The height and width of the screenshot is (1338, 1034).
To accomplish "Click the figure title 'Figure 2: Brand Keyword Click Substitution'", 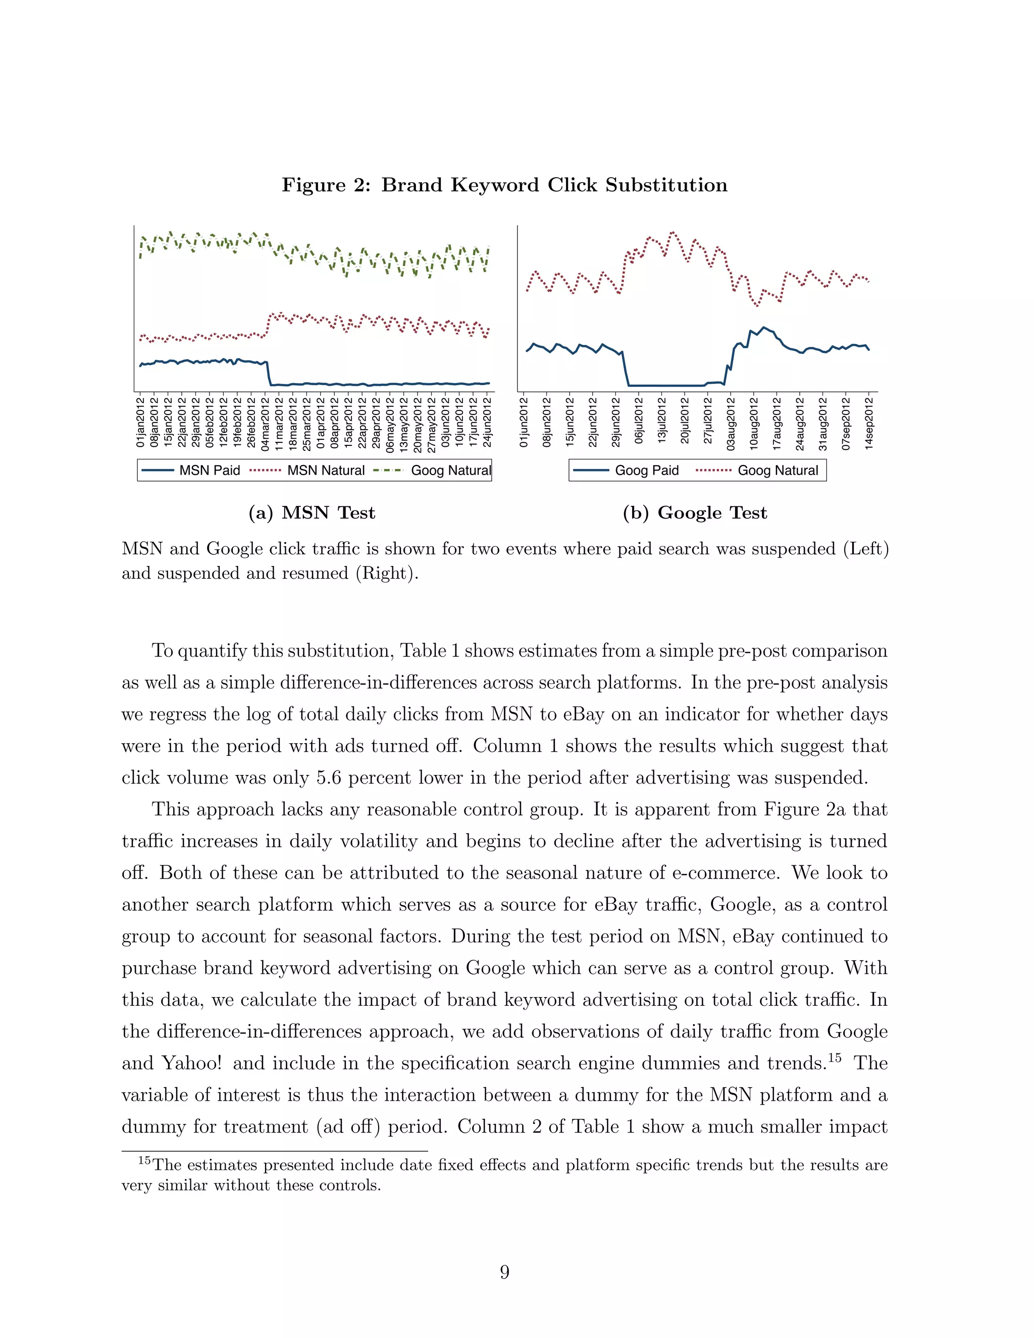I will (x=504, y=185).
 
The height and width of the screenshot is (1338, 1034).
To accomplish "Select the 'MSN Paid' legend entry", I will (x=209, y=470).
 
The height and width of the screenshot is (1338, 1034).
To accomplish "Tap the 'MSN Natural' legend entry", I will (x=325, y=470).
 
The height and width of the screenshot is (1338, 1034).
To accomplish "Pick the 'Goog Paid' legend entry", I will (x=646, y=470).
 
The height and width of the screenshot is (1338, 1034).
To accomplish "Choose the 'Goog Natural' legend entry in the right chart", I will (x=778, y=470).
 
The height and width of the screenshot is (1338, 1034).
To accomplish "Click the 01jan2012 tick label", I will (x=140, y=422).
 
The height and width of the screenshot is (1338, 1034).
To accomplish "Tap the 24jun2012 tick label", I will (x=488, y=422).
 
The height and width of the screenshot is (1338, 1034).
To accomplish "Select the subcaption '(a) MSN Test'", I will (x=312, y=513).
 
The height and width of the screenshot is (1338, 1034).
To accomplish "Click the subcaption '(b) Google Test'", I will (x=695, y=513).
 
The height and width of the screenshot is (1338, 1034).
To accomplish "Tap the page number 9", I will (x=504, y=1272).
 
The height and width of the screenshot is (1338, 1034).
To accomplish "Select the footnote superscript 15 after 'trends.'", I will (x=834, y=1057).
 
